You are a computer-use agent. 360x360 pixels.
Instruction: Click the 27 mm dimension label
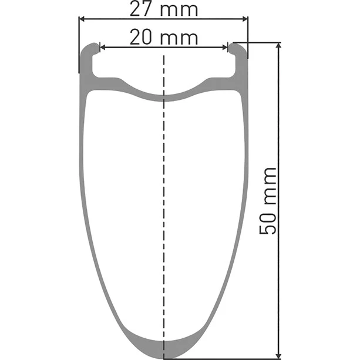[164, 9]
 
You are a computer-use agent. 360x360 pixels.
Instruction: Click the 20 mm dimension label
[164, 38]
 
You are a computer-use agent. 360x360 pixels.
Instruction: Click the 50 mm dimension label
[268, 201]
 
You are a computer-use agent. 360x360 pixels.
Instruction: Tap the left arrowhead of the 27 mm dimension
[82, 19]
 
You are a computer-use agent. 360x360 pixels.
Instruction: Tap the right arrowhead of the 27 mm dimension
[245, 19]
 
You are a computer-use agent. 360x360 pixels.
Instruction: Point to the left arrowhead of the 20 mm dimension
[102, 48]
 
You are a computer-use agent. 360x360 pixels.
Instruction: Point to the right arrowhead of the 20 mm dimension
[225, 48]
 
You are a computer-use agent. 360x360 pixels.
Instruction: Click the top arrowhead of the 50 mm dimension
[279, 46]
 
